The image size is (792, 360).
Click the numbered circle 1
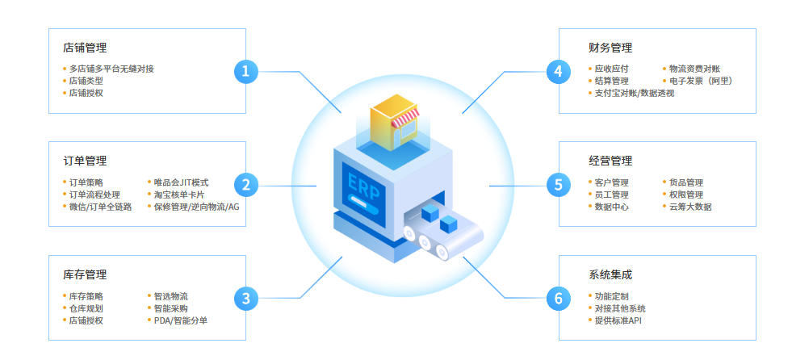click(245, 71)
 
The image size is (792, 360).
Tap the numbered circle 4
click(557, 71)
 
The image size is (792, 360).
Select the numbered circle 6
click(557, 299)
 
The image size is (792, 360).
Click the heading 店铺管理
click(85, 48)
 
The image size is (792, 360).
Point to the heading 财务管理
click(611, 48)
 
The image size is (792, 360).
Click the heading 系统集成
click(611, 274)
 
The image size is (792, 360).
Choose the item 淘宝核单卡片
click(179, 195)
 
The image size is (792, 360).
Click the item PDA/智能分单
click(181, 320)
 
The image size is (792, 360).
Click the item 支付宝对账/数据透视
click(635, 93)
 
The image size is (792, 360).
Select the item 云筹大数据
click(690, 207)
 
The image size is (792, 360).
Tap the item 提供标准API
click(618, 320)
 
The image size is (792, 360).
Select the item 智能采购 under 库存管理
click(170, 308)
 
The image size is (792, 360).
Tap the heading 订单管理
click(85, 161)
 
